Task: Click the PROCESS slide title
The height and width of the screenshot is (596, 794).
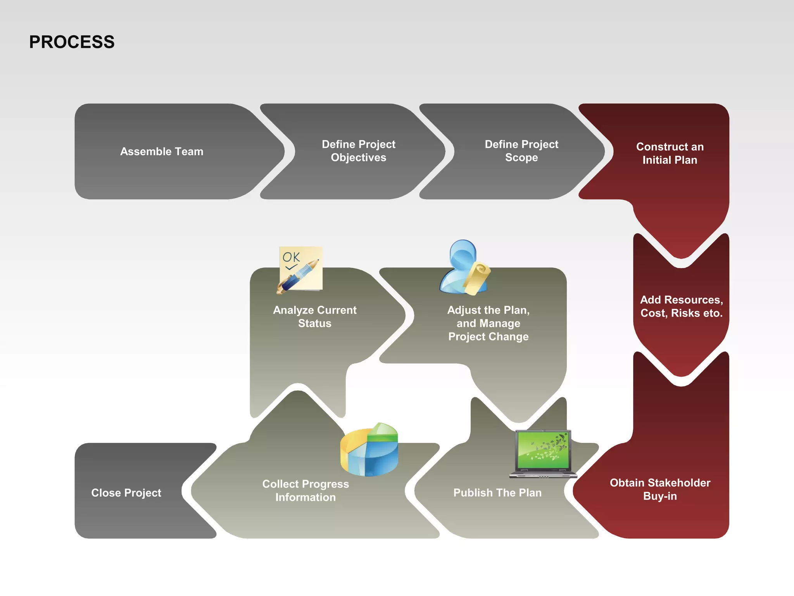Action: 72,42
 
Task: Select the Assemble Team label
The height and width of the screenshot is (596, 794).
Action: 162,151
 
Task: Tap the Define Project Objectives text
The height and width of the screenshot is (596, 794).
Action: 358,151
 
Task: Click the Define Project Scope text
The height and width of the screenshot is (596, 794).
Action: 521,151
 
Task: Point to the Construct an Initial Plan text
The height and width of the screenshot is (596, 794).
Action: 670,153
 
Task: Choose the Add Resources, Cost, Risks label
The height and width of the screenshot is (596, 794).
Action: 681,307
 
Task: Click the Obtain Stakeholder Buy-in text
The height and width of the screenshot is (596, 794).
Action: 660,489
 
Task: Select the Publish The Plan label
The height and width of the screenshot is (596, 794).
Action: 497,493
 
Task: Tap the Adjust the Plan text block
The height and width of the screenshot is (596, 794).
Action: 488,323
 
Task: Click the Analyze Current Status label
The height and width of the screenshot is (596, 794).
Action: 314,317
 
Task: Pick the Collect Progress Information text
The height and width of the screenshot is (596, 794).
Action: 306,490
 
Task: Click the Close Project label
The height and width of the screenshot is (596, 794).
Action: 126,493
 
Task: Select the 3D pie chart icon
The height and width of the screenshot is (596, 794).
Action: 369,450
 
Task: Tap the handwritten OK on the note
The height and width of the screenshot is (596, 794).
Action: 291,257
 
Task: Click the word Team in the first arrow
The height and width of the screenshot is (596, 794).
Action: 189,151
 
